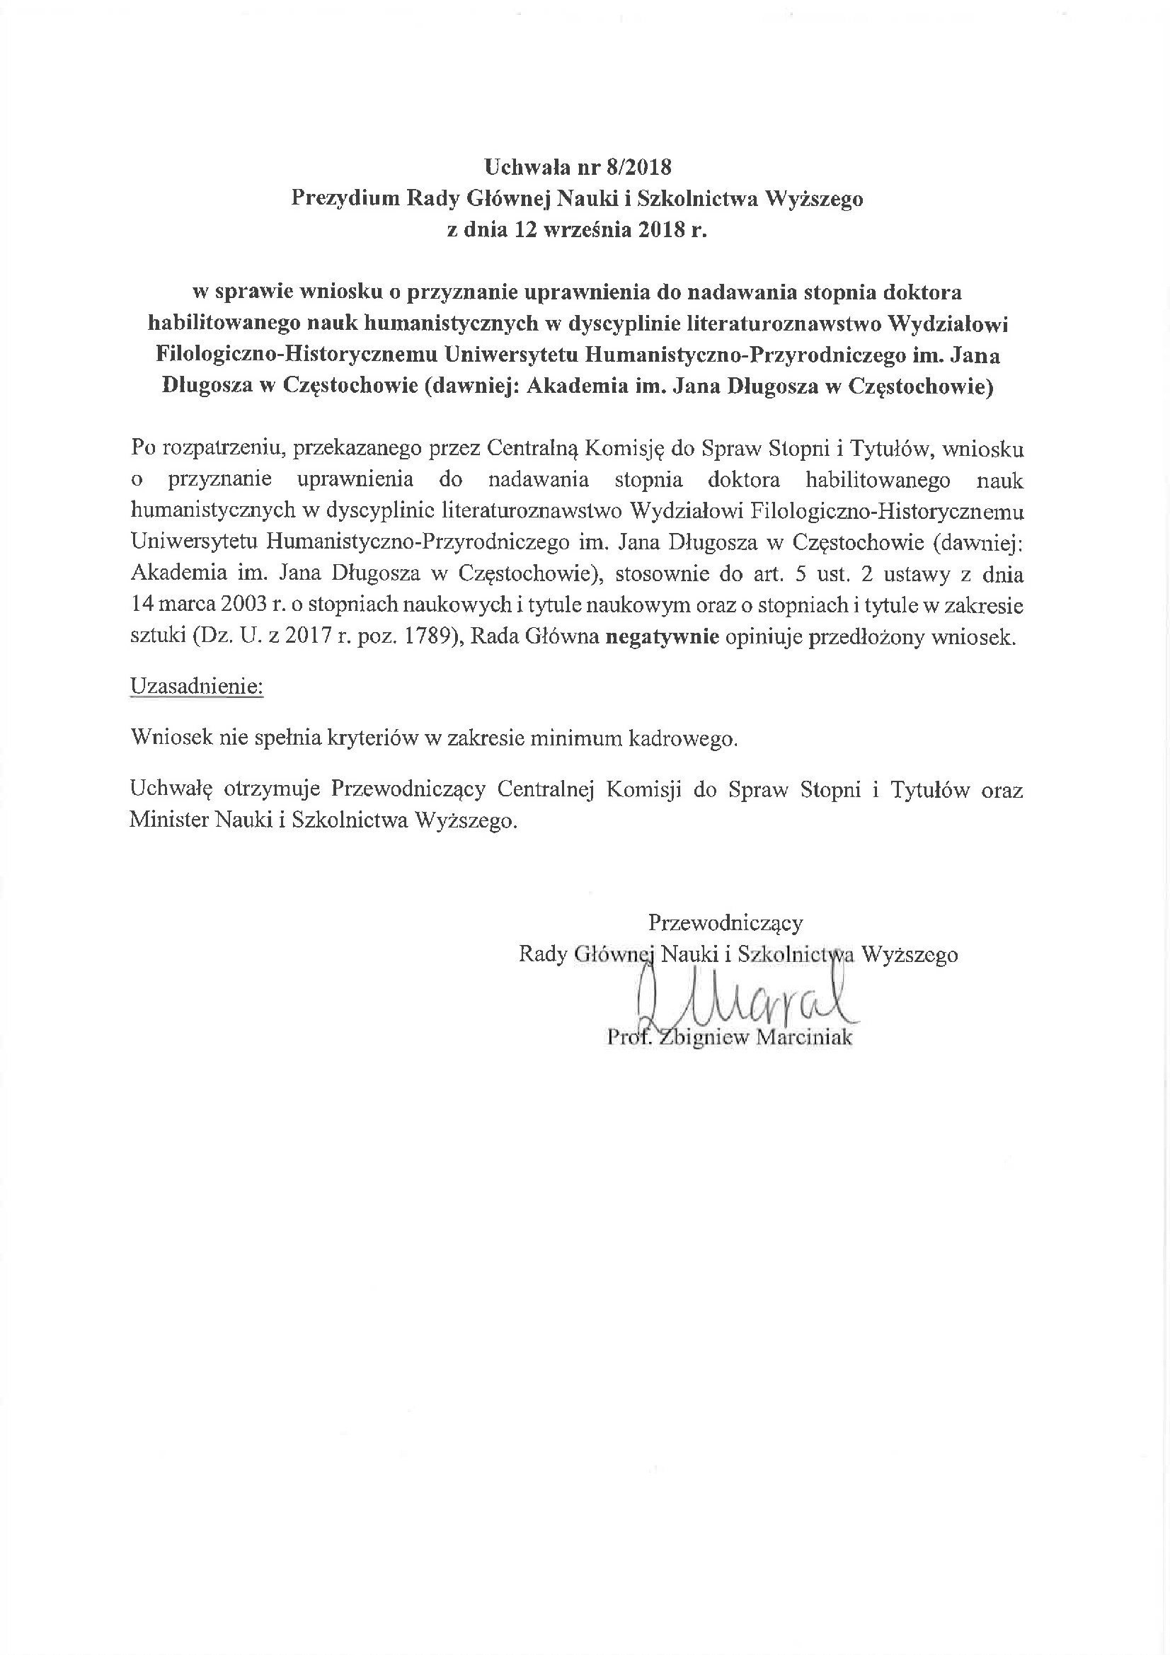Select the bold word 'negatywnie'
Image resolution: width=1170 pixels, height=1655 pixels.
point(662,637)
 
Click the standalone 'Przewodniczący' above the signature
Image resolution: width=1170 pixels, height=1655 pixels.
point(725,922)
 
